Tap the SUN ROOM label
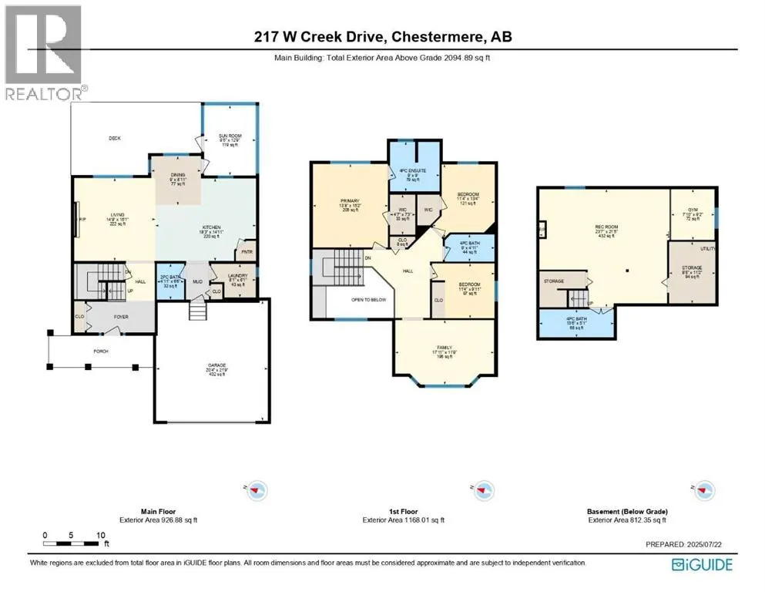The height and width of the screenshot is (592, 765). [231, 136]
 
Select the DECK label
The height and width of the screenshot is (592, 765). [115, 139]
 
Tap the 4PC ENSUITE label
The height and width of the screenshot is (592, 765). [411, 170]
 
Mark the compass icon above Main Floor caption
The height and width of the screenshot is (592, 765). [257, 489]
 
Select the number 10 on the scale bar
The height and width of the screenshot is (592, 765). [100, 534]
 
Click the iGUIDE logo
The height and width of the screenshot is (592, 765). [702, 564]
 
